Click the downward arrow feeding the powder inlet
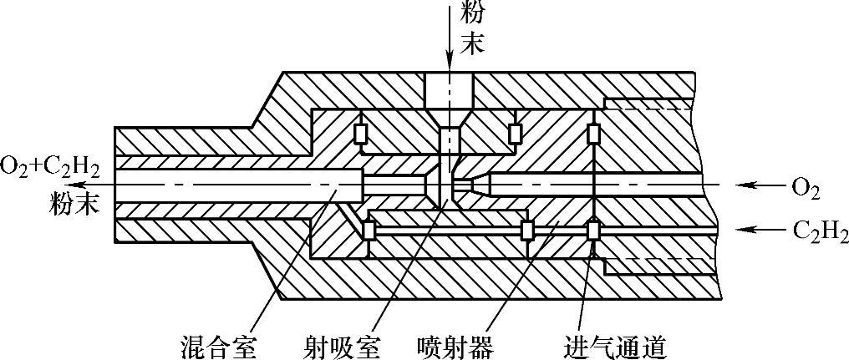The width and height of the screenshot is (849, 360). coord(450,42)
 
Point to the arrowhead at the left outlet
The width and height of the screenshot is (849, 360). coord(79,185)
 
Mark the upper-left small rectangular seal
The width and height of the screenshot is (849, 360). coord(362,134)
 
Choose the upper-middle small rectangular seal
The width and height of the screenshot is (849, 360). coord(515,134)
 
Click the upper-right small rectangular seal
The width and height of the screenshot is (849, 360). coord(593,134)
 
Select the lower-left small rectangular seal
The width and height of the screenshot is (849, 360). coord(368,229)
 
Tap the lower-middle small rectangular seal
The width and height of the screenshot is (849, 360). coord(526,230)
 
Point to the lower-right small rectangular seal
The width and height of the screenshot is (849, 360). coord(593,230)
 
